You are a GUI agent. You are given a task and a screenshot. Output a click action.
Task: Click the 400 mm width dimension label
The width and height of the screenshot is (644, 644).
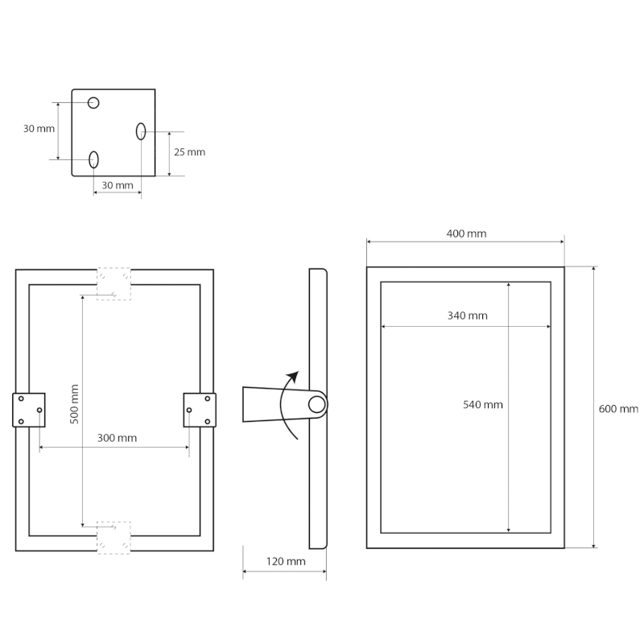[x=466, y=233]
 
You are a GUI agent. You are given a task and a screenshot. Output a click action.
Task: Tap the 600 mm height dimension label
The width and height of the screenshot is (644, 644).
[x=618, y=409]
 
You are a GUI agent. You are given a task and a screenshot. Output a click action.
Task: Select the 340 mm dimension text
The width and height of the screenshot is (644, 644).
[x=468, y=316]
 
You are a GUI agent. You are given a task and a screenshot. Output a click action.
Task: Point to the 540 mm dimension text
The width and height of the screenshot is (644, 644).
[x=482, y=405]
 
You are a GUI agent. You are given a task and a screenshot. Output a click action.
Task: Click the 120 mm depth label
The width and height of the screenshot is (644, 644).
[x=286, y=561]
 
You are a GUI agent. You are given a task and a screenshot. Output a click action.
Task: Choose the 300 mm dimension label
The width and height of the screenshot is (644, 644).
[x=117, y=438]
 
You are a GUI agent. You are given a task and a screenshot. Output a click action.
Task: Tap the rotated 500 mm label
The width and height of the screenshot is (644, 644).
[x=74, y=404]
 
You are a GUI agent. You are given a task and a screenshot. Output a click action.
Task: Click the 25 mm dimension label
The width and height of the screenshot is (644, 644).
[x=189, y=152]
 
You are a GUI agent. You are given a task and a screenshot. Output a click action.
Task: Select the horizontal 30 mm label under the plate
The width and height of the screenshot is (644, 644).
[x=118, y=185]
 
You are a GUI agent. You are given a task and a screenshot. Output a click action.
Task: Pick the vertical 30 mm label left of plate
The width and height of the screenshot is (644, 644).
[x=39, y=129]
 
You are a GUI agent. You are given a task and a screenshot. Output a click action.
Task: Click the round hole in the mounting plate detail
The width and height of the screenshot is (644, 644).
[x=93, y=103]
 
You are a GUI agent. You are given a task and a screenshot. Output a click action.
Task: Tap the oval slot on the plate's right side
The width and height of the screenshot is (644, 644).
[x=141, y=131]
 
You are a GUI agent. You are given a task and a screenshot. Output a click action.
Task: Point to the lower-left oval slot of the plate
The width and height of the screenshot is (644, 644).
[x=93, y=159]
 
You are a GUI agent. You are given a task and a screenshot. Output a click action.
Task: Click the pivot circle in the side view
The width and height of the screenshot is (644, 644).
[x=316, y=405]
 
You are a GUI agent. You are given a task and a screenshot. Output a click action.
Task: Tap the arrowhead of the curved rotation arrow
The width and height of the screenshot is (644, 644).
[x=293, y=377]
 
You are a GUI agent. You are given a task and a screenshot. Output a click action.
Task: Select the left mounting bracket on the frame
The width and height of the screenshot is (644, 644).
[x=29, y=410]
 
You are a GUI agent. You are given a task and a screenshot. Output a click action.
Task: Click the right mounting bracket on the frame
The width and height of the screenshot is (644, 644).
[x=200, y=410]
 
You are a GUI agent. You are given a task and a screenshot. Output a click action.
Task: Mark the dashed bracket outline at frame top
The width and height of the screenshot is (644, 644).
[x=114, y=284]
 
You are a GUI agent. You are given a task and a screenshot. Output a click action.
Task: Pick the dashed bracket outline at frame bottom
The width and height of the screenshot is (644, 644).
[x=114, y=538]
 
